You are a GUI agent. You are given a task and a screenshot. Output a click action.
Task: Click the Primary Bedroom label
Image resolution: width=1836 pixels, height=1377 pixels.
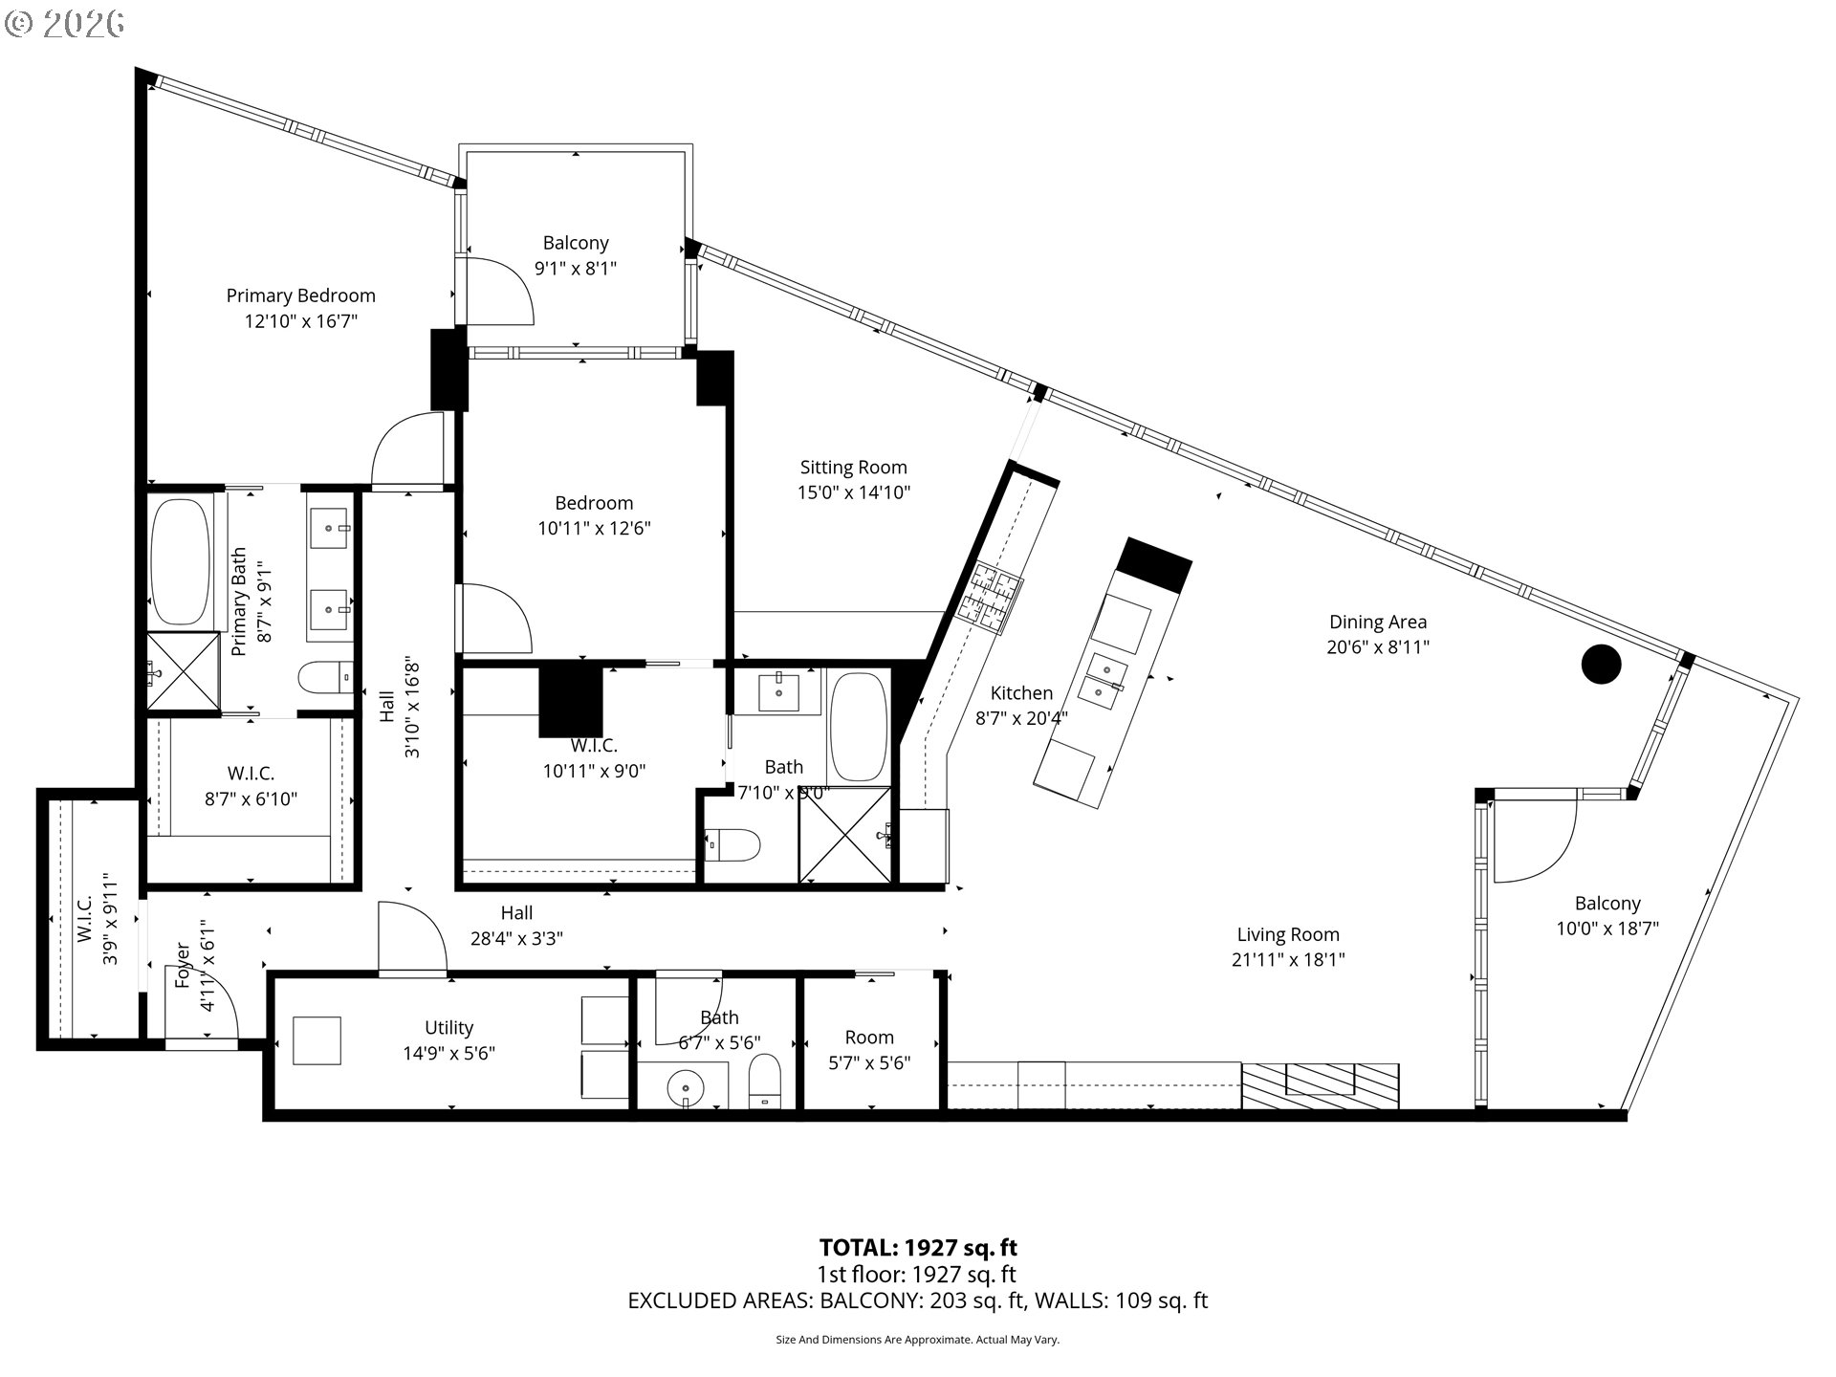tap(300, 296)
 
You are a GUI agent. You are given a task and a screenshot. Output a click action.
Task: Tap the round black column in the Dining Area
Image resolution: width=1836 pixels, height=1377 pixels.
tap(1601, 664)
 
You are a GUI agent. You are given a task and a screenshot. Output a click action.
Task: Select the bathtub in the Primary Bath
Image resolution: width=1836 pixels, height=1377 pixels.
tap(182, 561)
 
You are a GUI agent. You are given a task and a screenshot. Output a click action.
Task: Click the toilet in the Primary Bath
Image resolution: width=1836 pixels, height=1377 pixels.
tap(325, 678)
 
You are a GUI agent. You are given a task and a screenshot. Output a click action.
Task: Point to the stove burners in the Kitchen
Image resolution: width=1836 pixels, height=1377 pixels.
tap(991, 601)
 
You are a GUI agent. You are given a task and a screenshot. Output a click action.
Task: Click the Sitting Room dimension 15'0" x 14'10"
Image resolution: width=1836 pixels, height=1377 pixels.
tap(854, 493)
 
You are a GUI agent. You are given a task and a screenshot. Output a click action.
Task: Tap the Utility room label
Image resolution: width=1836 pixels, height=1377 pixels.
tap(448, 1028)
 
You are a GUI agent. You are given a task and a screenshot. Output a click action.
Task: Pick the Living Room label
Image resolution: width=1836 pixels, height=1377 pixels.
tap(1287, 935)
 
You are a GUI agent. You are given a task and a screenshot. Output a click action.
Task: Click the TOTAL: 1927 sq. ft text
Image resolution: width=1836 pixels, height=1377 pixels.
tap(918, 1248)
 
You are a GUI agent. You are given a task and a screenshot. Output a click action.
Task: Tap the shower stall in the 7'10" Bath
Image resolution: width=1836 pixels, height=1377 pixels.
tap(844, 835)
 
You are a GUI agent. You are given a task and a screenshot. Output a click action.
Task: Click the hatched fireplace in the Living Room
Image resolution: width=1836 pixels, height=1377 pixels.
tap(1321, 1085)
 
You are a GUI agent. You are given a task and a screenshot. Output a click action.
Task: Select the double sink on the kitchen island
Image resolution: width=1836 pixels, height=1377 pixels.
tap(1104, 677)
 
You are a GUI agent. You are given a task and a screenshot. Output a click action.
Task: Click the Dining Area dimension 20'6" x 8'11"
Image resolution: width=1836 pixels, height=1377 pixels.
tap(1377, 647)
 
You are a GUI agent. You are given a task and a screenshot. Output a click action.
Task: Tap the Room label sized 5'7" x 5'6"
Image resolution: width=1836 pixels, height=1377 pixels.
tap(868, 1038)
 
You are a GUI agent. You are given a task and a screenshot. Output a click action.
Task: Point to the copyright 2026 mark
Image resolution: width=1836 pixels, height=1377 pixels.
tap(65, 24)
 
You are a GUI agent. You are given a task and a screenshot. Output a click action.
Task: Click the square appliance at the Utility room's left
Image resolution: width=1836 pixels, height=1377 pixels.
tap(317, 1040)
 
